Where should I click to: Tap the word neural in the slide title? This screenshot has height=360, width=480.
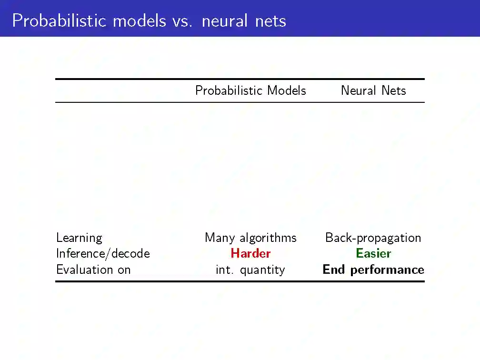point(225,21)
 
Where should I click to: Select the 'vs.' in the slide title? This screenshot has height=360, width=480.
point(181,21)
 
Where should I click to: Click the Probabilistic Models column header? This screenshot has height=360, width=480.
point(250,90)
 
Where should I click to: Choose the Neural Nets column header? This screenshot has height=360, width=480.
point(373,90)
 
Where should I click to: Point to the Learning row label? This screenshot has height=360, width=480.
point(79,238)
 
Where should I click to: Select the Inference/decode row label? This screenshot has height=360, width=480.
point(103,253)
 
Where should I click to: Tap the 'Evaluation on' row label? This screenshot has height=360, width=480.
point(93,270)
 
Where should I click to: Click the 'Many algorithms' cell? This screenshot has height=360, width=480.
point(250,238)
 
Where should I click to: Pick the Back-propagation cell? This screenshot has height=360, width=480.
point(373,238)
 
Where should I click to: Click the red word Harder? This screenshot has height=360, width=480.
point(250,253)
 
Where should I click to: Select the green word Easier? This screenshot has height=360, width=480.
point(373,253)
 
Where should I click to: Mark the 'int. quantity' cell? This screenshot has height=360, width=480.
point(250,270)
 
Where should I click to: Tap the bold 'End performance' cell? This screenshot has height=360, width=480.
point(373,270)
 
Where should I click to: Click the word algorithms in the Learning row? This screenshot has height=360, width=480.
point(268,238)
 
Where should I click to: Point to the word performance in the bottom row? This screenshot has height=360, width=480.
point(387,270)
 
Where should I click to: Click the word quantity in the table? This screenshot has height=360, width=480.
point(262,270)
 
